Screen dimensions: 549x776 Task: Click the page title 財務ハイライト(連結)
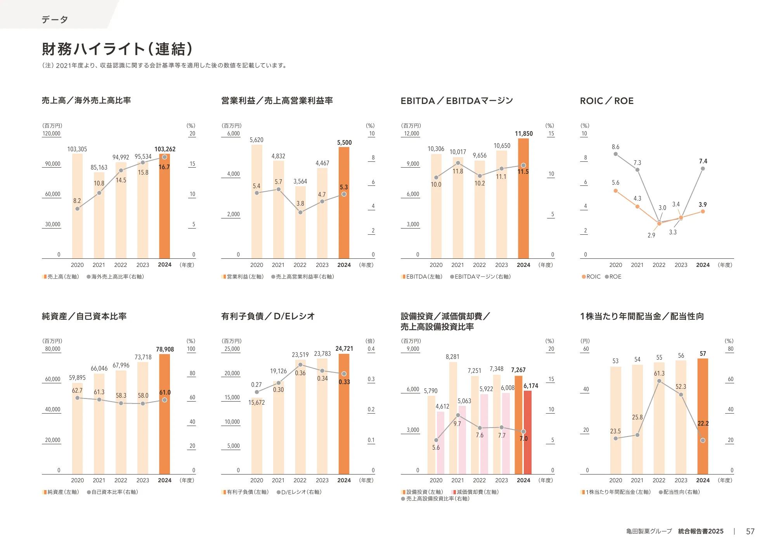click(x=117, y=49)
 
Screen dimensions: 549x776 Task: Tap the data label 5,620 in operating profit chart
click(x=256, y=140)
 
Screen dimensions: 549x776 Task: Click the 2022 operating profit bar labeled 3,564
click(x=300, y=225)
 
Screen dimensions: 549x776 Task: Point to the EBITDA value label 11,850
click(x=523, y=133)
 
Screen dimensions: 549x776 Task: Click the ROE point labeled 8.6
click(x=616, y=154)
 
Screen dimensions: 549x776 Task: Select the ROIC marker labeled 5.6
click(x=616, y=191)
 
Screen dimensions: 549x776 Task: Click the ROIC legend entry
click(x=591, y=277)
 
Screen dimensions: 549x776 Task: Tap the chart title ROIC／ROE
click(x=606, y=101)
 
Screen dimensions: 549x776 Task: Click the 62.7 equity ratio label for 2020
click(x=77, y=390)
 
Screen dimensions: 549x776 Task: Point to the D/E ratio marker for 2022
click(x=300, y=365)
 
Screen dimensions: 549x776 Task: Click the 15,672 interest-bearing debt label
click(x=256, y=402)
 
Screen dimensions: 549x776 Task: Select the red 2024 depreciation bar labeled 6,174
click(x=528, y=433)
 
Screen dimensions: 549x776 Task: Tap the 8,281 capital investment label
click(x=452, y=357)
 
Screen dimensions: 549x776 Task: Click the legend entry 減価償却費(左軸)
click(x=475, y=492)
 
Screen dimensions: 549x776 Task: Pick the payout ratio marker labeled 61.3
click(x=659, y=381)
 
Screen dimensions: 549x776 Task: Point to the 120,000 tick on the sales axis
click(x=52, y=133)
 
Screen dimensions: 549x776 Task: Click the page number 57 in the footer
click(x=750, y=532)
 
